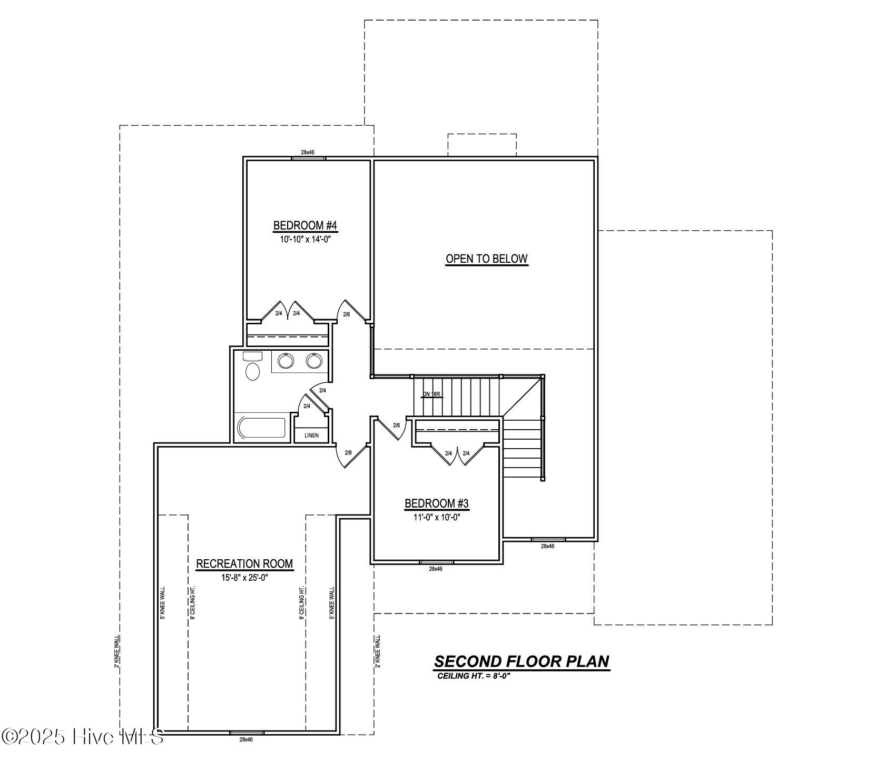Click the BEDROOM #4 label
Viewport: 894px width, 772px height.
coord(304,225)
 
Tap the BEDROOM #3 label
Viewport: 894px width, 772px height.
coord(436,503)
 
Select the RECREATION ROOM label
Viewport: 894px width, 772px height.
coord(244,563)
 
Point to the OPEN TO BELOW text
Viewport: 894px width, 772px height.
coord(486,259)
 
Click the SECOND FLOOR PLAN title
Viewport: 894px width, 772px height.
coord(522,661)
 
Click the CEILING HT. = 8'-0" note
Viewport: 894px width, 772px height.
coord(474,676)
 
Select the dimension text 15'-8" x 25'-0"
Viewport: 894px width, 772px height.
coord(244,578)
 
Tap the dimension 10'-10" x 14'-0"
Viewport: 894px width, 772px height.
coord(304,239)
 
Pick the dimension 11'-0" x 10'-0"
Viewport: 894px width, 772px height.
coord(436,517)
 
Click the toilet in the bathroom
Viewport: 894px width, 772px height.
coord(253,369)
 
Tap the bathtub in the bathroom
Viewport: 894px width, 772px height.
coord(262,428)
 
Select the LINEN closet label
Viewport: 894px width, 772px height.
coord(311,436)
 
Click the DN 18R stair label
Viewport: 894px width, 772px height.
coord(431,394)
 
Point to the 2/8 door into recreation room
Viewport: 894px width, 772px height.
coord(348,453)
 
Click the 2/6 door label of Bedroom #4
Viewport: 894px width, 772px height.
coord(347,314)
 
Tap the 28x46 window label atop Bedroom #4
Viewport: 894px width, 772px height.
coord(308,152)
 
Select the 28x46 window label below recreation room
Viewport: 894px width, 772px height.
coord(246,739)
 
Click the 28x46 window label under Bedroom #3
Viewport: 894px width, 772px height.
coord(436,569)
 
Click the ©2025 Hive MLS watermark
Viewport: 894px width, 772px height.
coord(83,737)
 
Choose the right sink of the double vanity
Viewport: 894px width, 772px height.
coord(314,361)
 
